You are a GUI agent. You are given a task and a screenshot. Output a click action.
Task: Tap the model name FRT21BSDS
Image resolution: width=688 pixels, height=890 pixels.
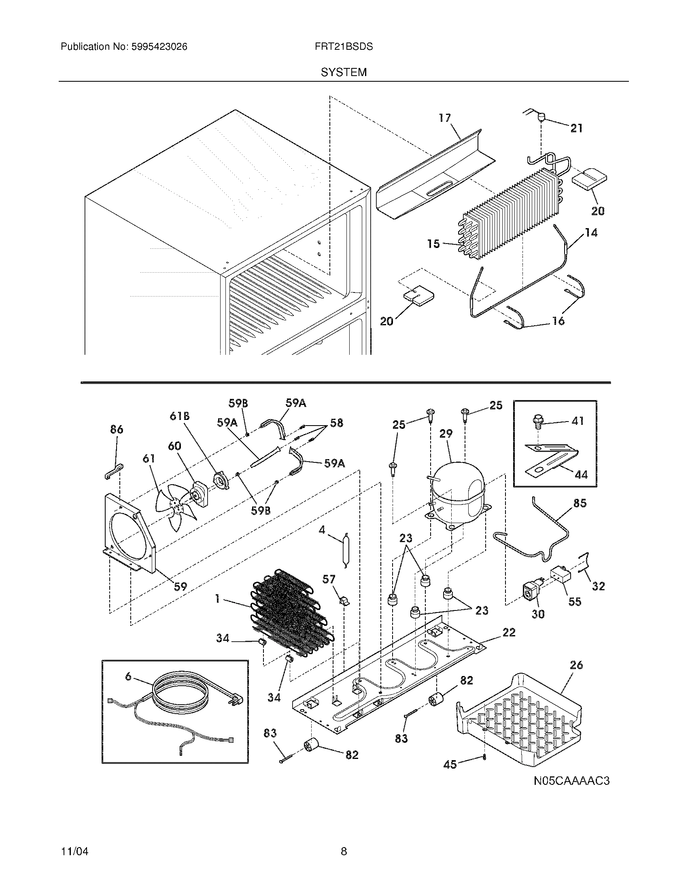pyautogui.click(x=344, y=47)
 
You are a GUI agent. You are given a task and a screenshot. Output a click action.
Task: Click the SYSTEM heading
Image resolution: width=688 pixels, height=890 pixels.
pyautogui.click(x=344, y=72)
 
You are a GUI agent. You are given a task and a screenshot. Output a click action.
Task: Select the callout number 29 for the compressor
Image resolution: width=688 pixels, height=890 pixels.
pyautogui.click(x=446, y=434)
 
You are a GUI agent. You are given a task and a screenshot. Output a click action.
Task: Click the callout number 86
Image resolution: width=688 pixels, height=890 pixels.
pyautogui.click(x=117, y=429)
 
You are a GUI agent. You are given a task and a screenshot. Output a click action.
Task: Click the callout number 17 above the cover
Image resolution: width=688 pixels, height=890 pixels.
pyautogui.click(x=445, y=118)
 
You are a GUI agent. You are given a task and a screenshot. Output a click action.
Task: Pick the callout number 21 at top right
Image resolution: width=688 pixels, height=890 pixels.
pyautogui.click(x=576, y=128)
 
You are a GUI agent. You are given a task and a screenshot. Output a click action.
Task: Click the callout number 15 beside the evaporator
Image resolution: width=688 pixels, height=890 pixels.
pyautogui.click(x=433, y=244)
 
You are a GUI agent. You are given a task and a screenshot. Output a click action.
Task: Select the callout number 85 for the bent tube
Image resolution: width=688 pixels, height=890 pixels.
pyautogui.click(x=580, y=503)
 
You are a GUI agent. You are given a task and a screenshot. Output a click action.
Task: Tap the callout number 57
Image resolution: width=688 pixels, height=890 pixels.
pyautogui.click(x=329, y=579)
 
